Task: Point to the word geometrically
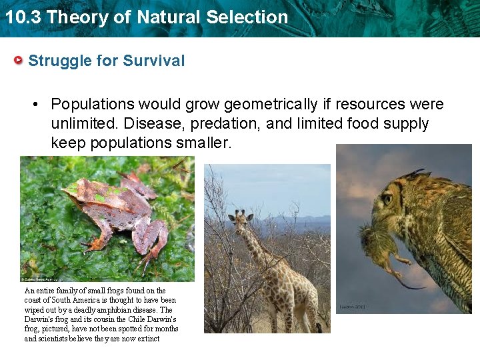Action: [x=271, y=104]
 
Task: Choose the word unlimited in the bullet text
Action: [x=83, y=123]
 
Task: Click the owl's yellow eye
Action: [x=387, y=199]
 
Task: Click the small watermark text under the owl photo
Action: [x=352, y=307]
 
